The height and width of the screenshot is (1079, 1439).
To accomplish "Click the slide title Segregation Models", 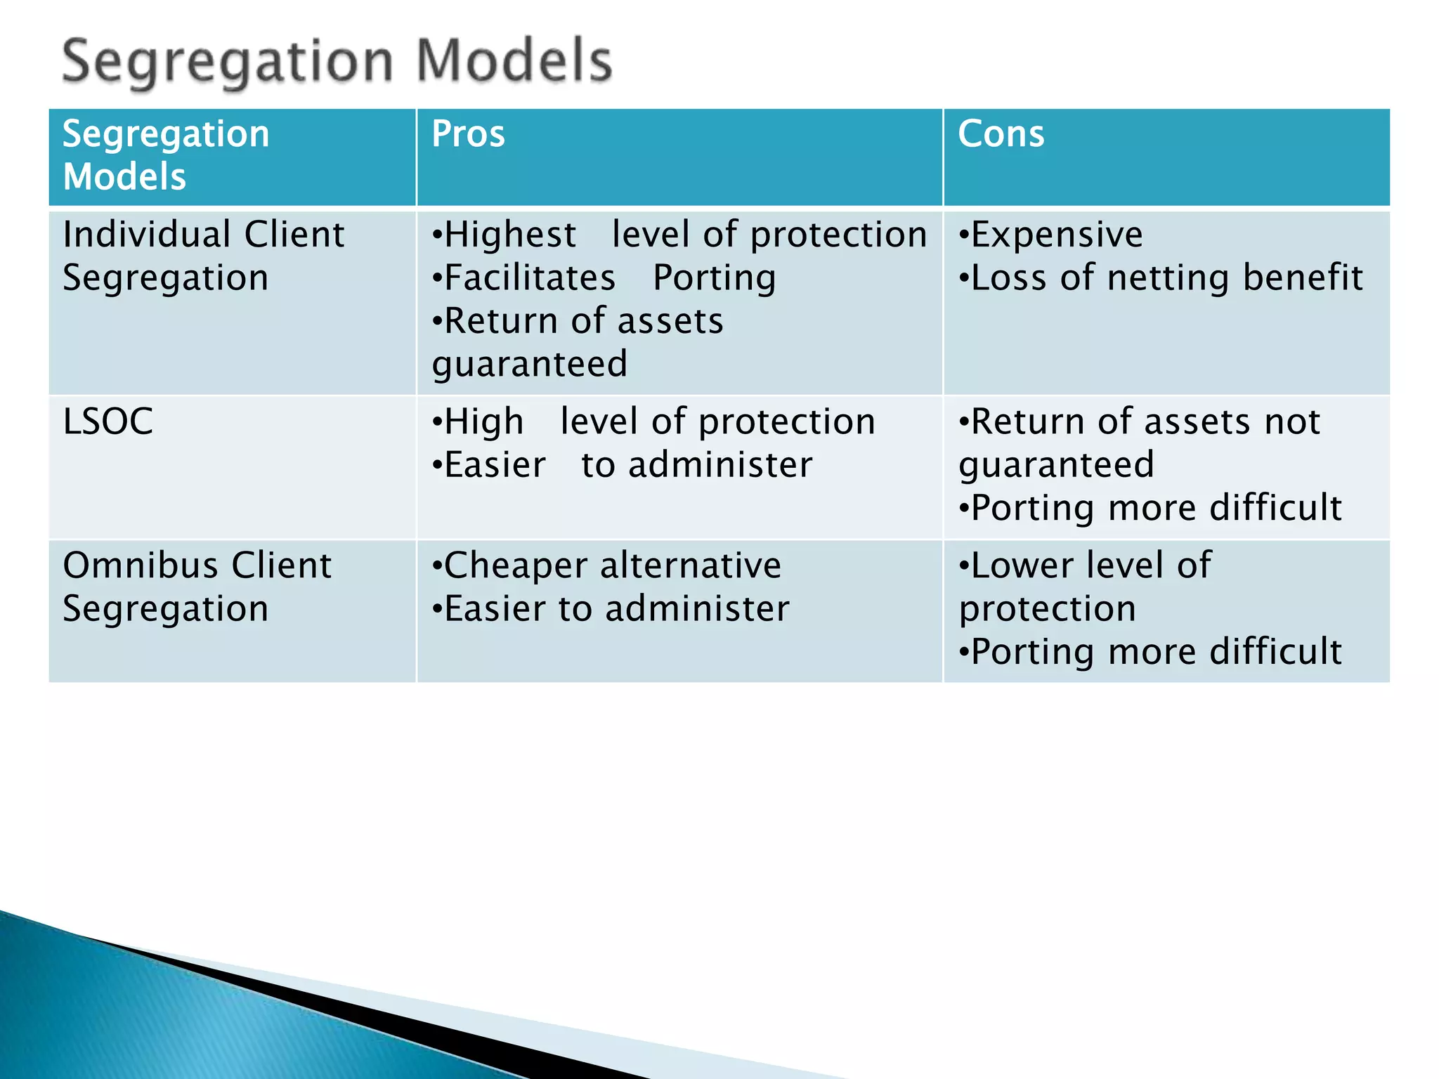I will coord(337,62).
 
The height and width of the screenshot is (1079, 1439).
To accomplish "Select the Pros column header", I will coord(468,133).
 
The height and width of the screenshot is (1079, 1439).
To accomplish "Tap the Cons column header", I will coord(1001,133).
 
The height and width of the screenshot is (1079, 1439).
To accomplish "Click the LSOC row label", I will coord(108,422).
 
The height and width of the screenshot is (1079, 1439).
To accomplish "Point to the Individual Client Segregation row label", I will coord(203,255).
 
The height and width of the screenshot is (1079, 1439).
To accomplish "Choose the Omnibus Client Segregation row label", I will coord(197,587).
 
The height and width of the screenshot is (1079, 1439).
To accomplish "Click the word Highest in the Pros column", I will coord(510,235).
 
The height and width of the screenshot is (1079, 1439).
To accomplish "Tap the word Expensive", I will coord(1056,235).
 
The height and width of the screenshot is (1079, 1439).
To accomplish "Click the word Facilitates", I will coord(530,278).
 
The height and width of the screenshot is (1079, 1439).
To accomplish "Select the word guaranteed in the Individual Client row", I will coord(529,365).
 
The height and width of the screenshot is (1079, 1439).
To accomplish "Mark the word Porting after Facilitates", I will coord(714,278).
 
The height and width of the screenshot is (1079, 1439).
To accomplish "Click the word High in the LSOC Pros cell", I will coord(483,422).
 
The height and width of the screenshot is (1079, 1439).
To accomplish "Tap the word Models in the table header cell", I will coord(124,176).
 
